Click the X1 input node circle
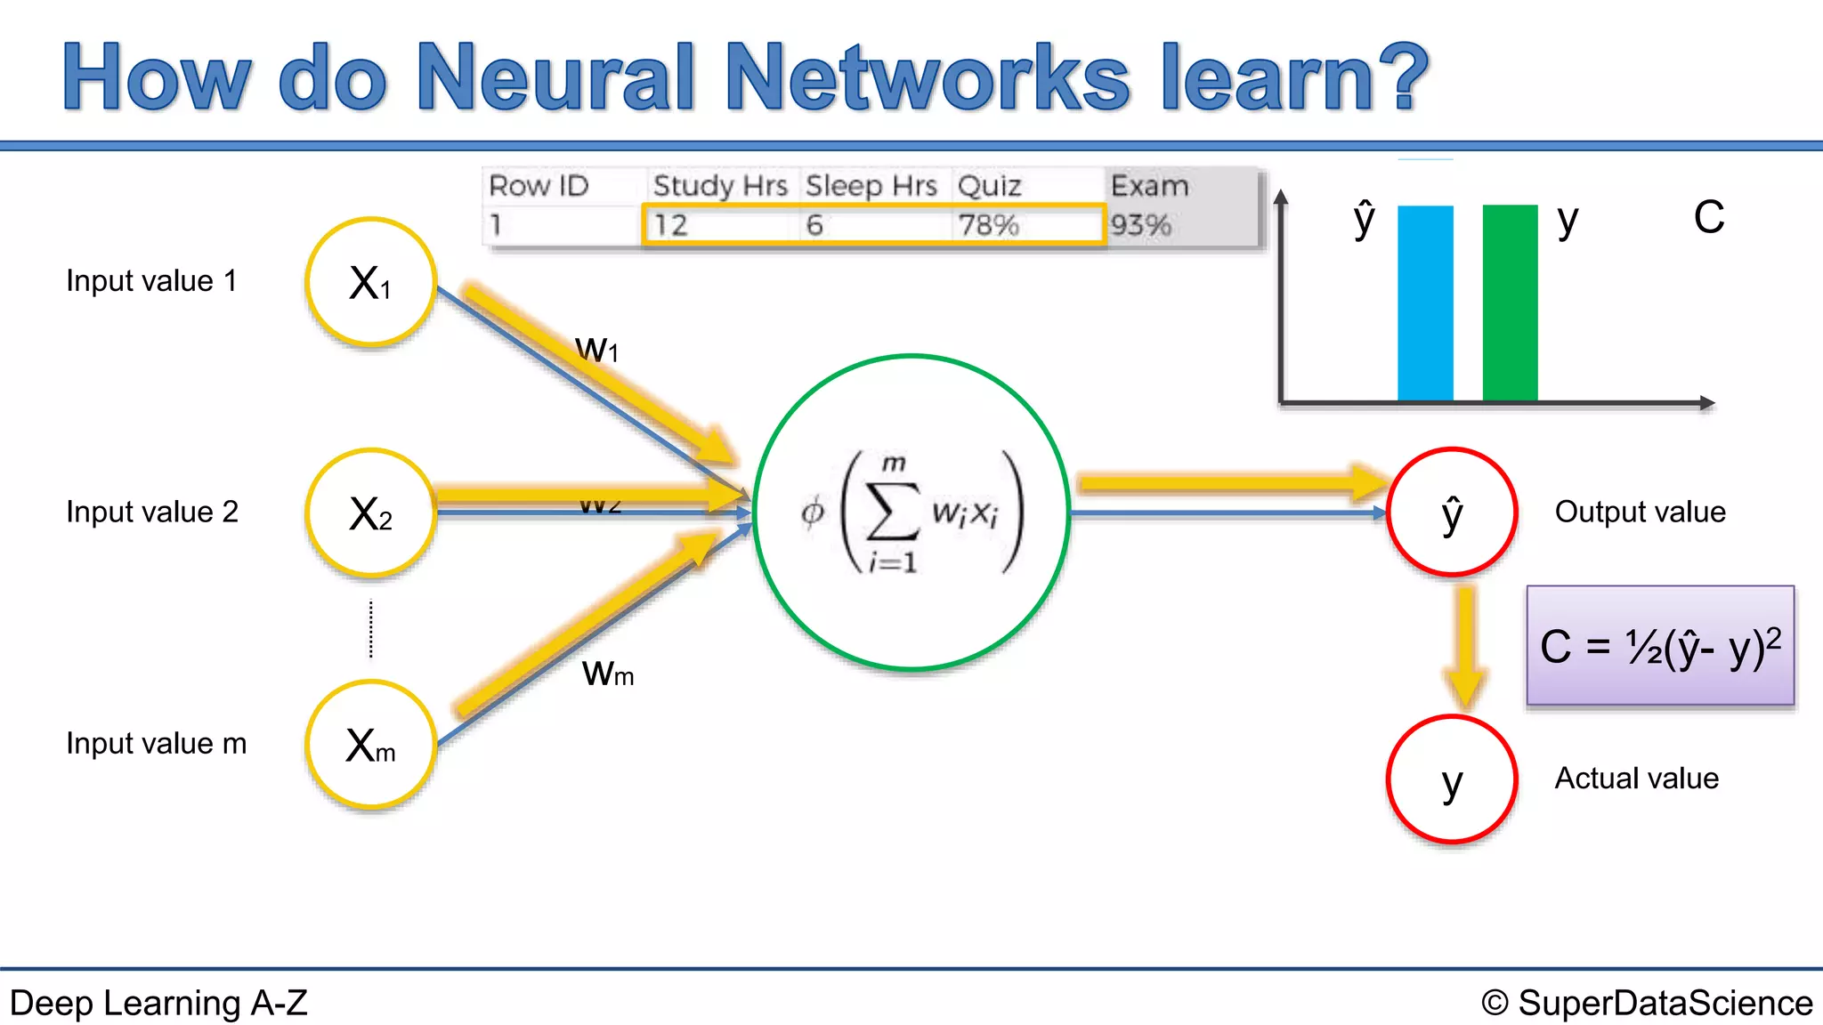coord(370,282)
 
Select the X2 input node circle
coord(370,513)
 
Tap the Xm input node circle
coord(370,745)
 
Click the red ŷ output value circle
coord(1452,512)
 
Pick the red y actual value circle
coord(1452,779)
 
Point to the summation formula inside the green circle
coord(911,512)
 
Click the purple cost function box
coord(1660,646)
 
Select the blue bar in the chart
coord(1425,303)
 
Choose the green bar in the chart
coord(1510,303)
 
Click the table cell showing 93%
coord(1141,225)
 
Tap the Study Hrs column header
coord(720,186)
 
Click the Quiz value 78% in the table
coord(988,225)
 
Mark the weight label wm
coord(608,674)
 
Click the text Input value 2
coord(152,512)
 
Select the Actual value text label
coord(1636,779)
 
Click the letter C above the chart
coord(1708,218)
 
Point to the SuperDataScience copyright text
coord(1647,1003)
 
